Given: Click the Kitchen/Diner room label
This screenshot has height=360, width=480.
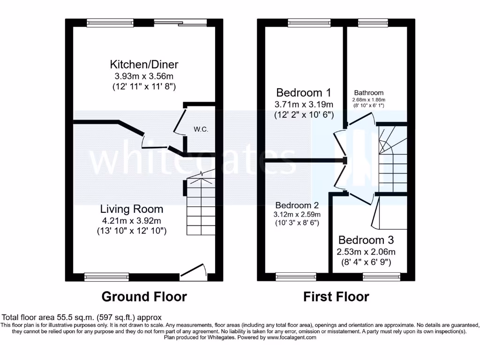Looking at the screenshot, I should [144, 64].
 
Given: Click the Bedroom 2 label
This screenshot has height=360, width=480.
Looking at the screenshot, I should [297, 205].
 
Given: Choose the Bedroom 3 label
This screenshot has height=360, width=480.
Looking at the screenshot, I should [364, 240].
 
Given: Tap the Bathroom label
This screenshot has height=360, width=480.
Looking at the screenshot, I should [368, 93].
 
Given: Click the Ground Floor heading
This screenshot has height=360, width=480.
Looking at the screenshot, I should [144, 297].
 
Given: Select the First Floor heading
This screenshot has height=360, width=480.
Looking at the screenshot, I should [336, 297].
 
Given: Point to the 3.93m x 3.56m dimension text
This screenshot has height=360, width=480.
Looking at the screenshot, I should [144, 76].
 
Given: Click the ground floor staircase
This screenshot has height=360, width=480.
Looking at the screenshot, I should [201, 206].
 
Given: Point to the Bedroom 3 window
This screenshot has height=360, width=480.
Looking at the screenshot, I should [382, 277].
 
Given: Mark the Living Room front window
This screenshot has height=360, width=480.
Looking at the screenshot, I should [106, 277].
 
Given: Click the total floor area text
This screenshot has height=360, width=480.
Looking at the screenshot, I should [82, 317].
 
